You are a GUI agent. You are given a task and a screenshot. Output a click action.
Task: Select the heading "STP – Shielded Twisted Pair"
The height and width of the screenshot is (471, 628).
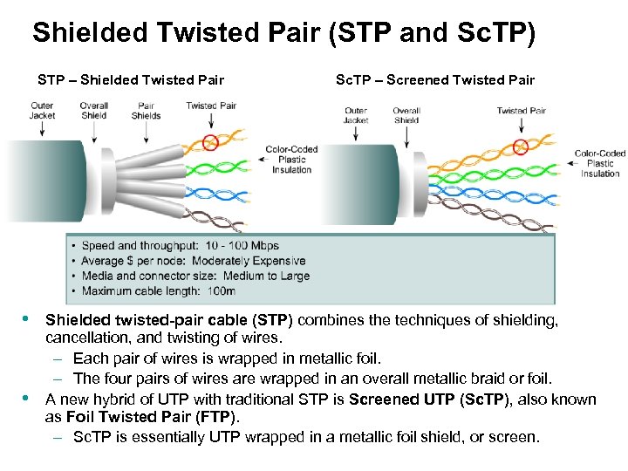(x=131, y=80)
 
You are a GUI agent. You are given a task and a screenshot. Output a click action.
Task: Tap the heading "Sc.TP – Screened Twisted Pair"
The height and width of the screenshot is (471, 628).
(x=435, y=80)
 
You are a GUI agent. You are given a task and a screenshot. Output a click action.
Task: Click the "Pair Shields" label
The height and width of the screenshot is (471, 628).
(x=146, y=111)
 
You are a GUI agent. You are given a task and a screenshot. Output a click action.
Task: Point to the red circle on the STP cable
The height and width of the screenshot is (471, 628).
(x=210, y=141)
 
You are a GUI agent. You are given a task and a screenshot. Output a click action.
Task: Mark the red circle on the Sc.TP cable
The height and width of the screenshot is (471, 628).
(x=522, y=146)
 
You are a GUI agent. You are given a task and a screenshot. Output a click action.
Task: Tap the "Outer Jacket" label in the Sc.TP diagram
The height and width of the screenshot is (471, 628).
(x=356, y=115)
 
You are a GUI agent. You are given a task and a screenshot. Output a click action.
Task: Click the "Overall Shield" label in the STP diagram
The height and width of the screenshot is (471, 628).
(x=93, y=111)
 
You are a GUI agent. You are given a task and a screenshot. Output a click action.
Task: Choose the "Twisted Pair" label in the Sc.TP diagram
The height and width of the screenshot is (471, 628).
(x=521, y=111)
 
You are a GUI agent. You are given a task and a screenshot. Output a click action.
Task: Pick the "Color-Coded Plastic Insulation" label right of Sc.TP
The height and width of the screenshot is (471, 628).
(x=600, y=164)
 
